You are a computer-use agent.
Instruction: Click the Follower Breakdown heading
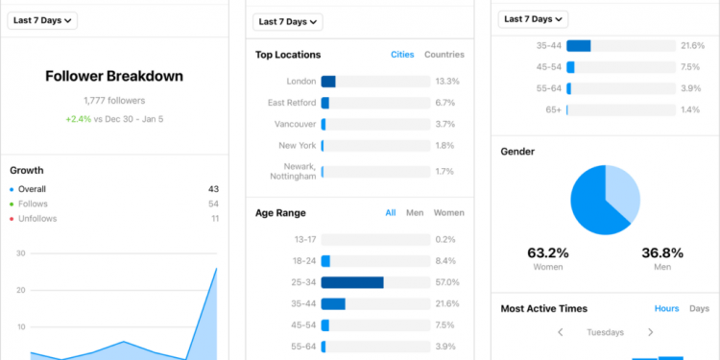[114, 76]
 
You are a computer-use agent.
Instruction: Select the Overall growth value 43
[213, 189]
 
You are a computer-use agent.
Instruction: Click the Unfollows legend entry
[37, 219]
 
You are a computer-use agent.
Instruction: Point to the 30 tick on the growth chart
[20, 253]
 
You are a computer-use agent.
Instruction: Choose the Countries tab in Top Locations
[444, 55]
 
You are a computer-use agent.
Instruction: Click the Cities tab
[402, 55]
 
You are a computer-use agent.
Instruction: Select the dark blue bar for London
[328, 82]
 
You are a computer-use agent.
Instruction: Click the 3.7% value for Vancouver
[444, 125]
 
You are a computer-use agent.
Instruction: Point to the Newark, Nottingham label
[293, 172]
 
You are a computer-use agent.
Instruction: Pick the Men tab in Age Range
[415, 213]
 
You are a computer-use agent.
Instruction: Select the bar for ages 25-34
[352, 282]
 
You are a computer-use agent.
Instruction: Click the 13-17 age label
[305, 239]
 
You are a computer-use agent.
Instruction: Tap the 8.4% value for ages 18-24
[444, 261]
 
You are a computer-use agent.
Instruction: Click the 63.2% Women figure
[547, 253]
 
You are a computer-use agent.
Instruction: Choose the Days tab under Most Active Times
[699, 308]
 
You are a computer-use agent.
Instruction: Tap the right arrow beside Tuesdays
[650, 332]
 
